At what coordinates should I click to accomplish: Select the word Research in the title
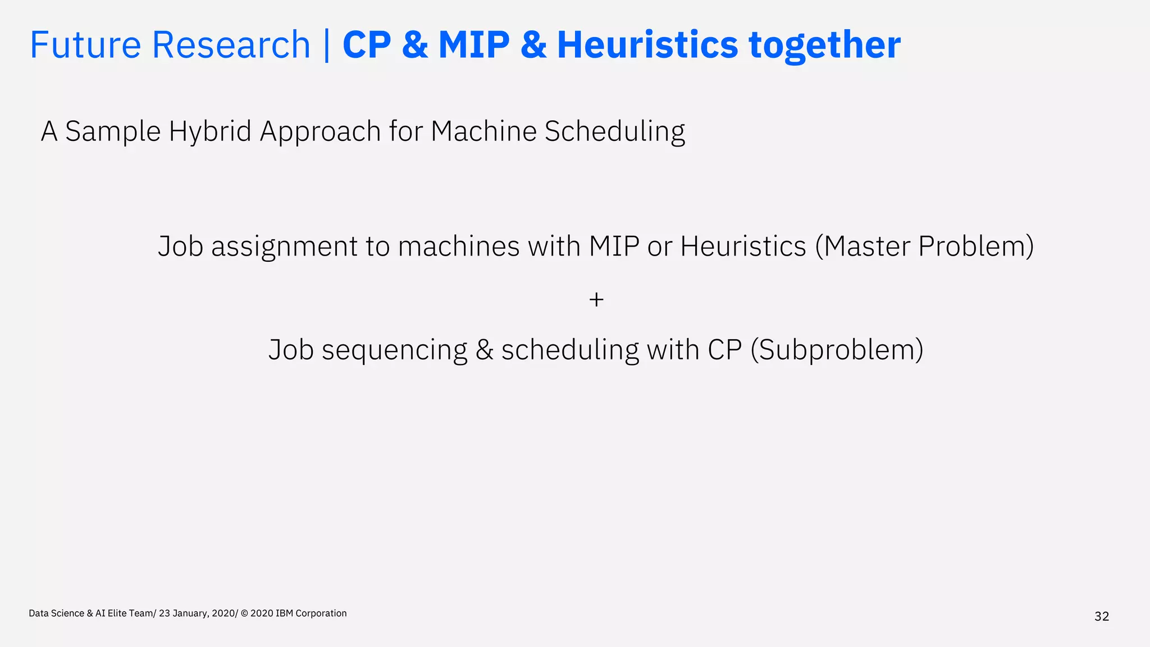231,45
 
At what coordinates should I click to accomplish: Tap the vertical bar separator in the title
327,45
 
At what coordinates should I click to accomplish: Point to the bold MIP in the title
474,45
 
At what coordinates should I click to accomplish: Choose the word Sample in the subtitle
113,131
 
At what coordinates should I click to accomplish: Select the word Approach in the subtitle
320,131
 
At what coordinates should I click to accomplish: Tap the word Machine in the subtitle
483,131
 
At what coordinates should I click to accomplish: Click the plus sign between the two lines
596,300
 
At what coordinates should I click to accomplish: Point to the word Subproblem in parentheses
837,350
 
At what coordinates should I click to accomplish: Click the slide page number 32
1102,617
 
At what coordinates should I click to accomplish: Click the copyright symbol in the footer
244,613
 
